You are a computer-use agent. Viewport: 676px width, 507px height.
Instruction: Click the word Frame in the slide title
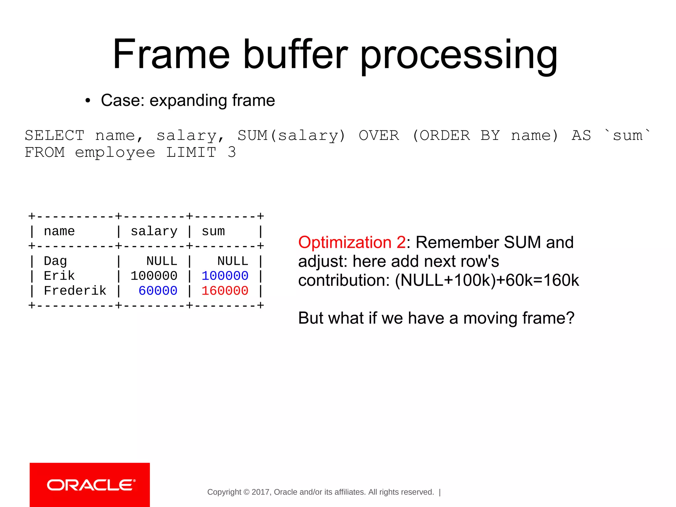171,54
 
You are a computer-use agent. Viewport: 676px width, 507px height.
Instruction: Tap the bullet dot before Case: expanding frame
87,101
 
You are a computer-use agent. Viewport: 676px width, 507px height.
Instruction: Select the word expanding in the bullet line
188,100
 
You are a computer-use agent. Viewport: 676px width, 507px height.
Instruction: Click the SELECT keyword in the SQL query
55,135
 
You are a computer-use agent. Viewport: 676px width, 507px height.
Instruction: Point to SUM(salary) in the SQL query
291,135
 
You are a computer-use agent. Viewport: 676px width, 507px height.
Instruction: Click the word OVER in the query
379,135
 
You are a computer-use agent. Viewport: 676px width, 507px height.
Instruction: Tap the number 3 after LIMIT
232,152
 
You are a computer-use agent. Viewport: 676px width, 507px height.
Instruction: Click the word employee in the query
115,152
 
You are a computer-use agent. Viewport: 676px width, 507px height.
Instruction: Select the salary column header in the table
154,231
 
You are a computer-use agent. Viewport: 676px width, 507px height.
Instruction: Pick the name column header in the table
59,231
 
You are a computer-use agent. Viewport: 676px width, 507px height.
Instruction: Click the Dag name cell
55,261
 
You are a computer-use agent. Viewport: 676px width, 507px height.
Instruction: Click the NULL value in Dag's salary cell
162,261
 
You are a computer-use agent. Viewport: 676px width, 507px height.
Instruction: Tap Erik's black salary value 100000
154,276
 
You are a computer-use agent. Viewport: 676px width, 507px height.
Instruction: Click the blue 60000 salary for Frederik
158,291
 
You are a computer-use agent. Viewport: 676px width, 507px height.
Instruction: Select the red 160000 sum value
225,291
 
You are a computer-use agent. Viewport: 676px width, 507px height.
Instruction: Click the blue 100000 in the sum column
225,276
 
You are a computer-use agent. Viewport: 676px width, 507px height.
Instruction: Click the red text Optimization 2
352,242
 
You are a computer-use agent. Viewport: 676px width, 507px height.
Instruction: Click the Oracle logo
90,485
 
